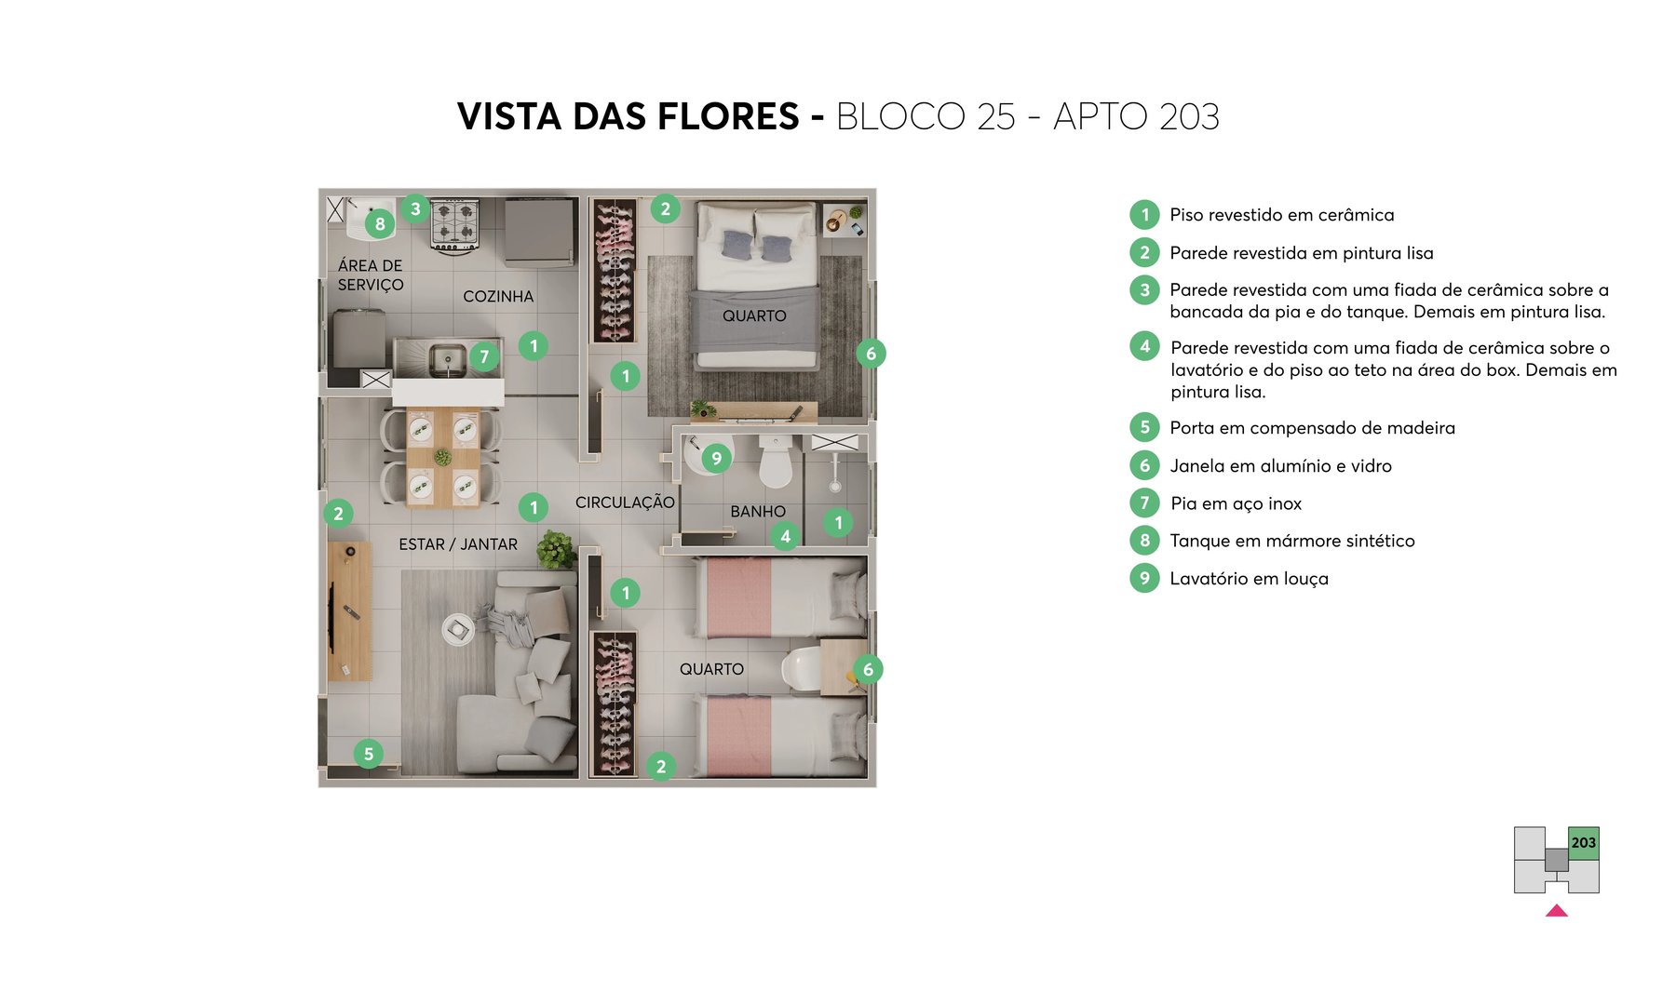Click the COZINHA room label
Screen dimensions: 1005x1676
[x=498, y=296]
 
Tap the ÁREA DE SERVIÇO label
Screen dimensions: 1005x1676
[x=370, y=275]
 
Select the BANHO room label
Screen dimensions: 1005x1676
[x=757, y=511]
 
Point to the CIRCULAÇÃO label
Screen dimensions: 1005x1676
[x=624, y=502]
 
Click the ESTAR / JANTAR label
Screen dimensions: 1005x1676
[x=457, y=544]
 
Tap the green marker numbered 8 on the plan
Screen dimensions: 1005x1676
[x=380, y=223]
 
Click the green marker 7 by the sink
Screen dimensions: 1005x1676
[x=484, y=356]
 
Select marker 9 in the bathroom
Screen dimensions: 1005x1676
[x=716, y=458]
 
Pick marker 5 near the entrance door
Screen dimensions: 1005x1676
[x=369, y=754]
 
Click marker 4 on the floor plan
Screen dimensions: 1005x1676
[x=785, y=536]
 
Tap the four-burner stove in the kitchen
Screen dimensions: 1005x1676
[x=454, y=223]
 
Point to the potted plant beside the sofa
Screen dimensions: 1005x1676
[x=556, y=549]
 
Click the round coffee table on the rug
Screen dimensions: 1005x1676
[x=457, y=630]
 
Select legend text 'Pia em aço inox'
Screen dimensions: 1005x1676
[x=1236, y=503]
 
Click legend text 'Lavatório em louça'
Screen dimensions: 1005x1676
[x=1249, y=579]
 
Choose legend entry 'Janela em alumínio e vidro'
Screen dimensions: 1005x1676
[x=1280, y=466]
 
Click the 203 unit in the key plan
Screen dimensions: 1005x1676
[x=1583, y=843]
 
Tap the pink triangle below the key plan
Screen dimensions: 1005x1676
[x=1556, y=911]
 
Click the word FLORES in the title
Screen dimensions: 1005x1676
[x=728, y=117]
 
